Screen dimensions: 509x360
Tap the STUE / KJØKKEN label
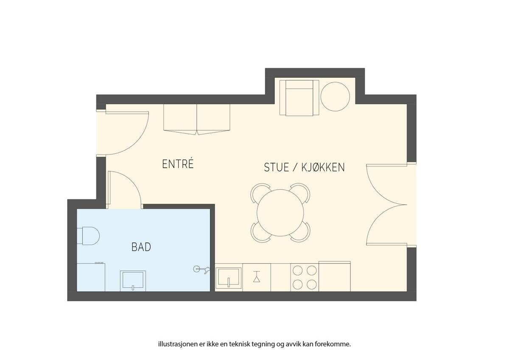[304, 167]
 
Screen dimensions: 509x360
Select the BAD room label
[141, 247]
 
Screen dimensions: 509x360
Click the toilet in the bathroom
[88, 236]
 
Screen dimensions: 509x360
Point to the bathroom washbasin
[133, 281]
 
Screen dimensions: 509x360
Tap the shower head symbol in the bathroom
[201, 270]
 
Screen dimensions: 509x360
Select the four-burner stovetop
[305, 277]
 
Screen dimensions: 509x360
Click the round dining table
[280, 213]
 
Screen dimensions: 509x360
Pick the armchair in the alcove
[299, 98]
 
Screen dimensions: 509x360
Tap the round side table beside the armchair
[335, 97]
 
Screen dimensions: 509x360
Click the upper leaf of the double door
[380, 191]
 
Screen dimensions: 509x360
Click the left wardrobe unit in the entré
[180, 119]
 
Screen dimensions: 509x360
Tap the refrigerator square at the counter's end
[335, 276]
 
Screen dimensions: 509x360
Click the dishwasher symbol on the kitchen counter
[257, 277]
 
